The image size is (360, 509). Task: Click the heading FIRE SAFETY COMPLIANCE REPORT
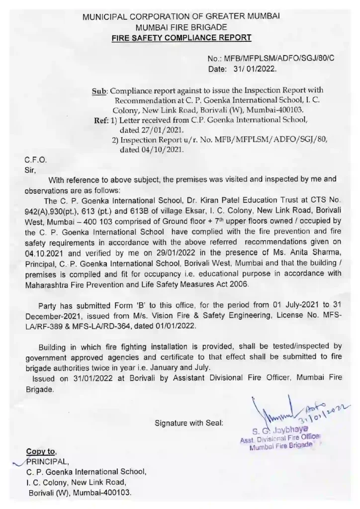click(x=181, y=38)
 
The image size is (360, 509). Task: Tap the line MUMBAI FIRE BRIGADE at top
click(x=181, y=27)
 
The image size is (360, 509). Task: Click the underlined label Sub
click(x=99, y=90)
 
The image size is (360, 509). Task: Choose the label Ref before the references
click(x=101, y=120)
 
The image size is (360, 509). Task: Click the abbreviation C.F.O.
click(x=36, y=160)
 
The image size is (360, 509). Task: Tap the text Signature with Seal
click(x=189, y=423)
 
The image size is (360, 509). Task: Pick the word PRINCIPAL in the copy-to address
click(x=43, y=461)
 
